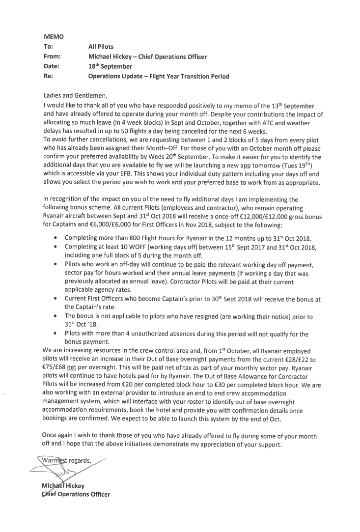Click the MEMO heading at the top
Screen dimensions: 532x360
point(54,36)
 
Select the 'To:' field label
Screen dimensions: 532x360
point(49,47)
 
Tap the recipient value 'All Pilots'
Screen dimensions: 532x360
point(101,47)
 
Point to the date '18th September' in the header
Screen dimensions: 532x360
point(110,66)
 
